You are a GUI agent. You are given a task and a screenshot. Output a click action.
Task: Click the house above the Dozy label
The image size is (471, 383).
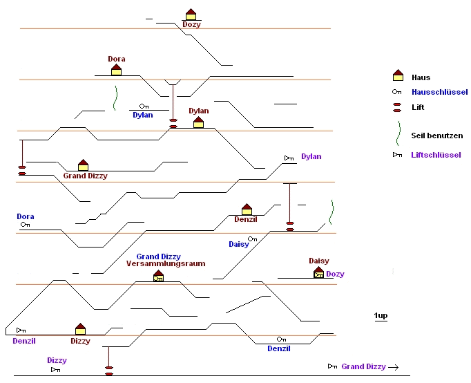coord(191,15)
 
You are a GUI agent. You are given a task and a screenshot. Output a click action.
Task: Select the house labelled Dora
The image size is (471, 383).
coord(116,69)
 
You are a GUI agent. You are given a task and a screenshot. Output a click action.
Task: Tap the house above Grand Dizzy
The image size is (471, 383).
coord(83,165)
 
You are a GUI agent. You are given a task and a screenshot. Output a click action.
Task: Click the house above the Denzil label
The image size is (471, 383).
coord(247,209)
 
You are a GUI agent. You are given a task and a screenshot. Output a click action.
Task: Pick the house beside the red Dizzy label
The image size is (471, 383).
coord(80,329)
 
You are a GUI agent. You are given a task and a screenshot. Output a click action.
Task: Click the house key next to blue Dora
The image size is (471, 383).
coord(26,225)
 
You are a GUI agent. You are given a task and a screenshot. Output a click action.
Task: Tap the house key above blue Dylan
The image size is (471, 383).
coord(144,106)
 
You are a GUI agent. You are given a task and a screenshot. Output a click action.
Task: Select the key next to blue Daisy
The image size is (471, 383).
coord(252,239)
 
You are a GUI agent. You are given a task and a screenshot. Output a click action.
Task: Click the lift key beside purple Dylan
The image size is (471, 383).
coord(289,158)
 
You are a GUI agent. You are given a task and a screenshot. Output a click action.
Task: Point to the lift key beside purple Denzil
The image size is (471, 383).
coord(21,330)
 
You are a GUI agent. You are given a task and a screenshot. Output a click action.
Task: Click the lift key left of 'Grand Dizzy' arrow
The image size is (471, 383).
coord(332,366)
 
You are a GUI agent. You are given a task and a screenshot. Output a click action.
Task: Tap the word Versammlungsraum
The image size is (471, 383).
coord(166,264)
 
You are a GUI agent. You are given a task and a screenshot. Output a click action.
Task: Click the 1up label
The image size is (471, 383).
coord(381,316)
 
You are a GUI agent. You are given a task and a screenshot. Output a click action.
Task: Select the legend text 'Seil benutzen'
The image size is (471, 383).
coord(436,136)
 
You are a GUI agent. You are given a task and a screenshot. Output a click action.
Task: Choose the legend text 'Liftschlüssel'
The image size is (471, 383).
coord(436,155)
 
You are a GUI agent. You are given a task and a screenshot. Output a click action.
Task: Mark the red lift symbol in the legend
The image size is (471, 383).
coord(397,107)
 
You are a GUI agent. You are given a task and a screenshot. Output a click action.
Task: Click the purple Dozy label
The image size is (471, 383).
coord(335,274)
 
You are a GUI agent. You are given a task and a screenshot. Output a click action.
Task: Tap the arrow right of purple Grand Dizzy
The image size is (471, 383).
coord(394,366)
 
